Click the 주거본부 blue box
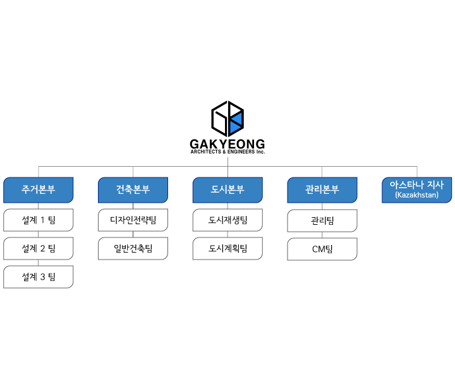click(x=39, y=190)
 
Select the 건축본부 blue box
click(x=133, y=190)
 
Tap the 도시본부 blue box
click(x=227, y=190)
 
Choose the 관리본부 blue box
click(x=322, y=190)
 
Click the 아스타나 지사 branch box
click(x=416, y=190)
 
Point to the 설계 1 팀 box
click(x=39, y=220)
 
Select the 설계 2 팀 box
click(x=39, y=248)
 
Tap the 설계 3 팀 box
click(x=39, y=277)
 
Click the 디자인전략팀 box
click(x=133, y=220)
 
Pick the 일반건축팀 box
click(x=133, y=248)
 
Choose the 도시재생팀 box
click(x=227, y=220)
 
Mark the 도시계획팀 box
click(x=227, y=248)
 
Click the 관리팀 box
click(x=322, y=220)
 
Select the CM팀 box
click(x=322, y=249)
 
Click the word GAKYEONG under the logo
click(x=227, y=144)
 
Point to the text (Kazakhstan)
click(x=416, y=194)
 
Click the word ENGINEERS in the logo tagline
click(x=241, y=152)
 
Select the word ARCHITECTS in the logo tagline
click(x=206, y=152)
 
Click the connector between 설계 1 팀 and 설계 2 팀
click(x=39, y=234)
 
